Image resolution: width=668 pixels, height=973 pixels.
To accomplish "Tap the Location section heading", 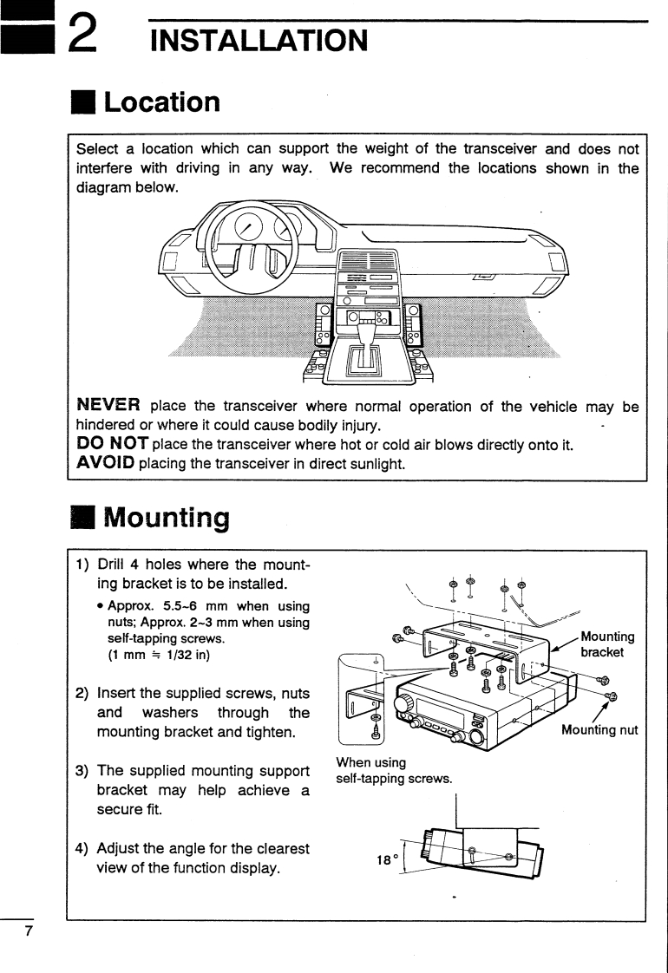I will point(161,102).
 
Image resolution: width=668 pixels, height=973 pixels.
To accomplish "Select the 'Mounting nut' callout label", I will point(599,730).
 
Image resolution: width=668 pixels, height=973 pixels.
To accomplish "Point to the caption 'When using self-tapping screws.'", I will point(394,771).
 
